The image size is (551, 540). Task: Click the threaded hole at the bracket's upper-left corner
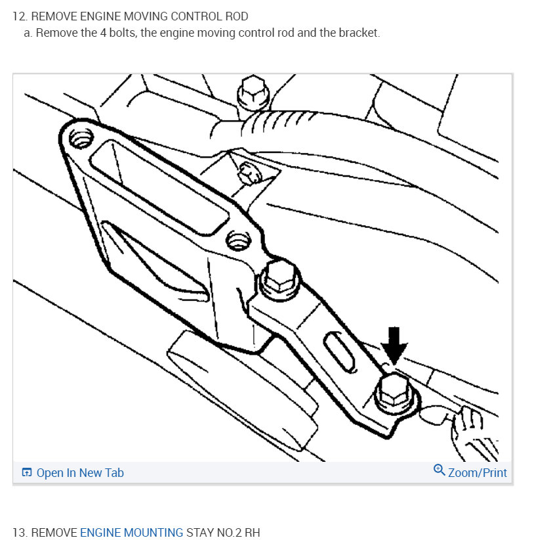(x=82, y=138)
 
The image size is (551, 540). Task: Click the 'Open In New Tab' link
(x=80, y=472)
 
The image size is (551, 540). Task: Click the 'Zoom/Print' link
(x=477, y=472)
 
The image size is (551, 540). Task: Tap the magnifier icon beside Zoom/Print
(x=439, y=470)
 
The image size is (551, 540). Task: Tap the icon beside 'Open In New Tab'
(x=27, y=473)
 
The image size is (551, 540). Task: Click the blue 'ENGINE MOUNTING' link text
(x=131, y=532)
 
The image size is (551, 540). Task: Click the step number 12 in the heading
(x=19, y=16)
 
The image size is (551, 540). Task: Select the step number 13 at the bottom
(x=19, y=532)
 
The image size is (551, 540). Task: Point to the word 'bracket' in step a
(x=358, y=33)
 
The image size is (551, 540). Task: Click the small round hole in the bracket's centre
(x=236, y=239)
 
